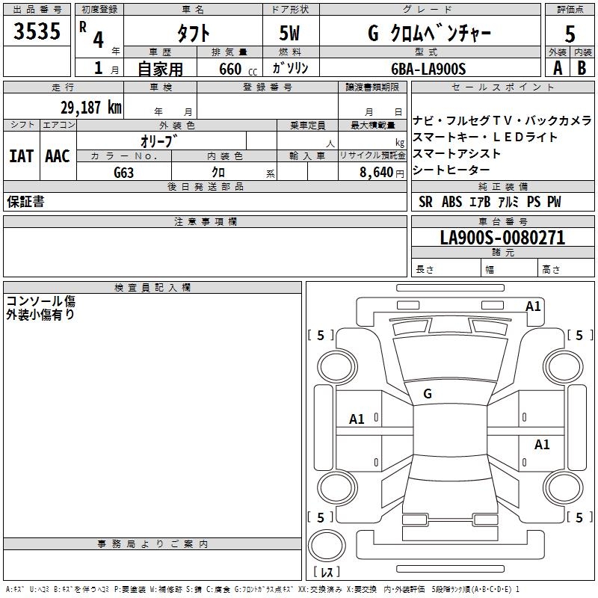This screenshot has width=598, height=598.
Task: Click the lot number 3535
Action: (37, 32)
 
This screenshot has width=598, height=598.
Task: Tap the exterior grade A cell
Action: (557, 68)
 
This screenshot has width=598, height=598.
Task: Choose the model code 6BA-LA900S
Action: (428, 69)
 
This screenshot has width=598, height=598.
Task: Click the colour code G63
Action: (124, 172)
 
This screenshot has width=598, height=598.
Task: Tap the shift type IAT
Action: (21, 156)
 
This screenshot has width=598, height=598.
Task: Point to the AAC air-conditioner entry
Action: (58, 156)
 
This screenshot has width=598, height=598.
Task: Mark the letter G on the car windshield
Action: (427, 394)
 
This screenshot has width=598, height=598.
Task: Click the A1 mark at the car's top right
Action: (533, 306)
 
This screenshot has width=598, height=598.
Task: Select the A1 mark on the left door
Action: (357, 419)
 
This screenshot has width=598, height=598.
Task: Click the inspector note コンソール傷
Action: (40, 302)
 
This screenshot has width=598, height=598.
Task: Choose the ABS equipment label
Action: (451, 202)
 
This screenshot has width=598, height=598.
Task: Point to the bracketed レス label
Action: (326, 573)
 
